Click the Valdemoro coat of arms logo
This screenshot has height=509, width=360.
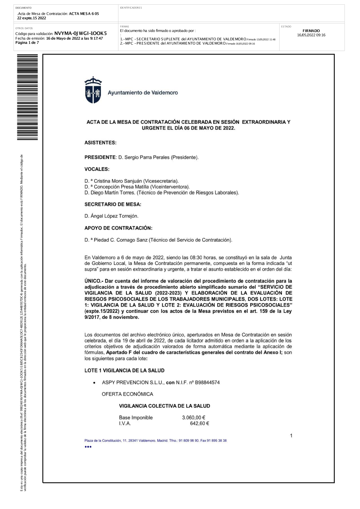pyautogui.click(x=93, y=90)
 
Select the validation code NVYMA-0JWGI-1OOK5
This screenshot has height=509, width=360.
pyautogui.click(x=80, y=33)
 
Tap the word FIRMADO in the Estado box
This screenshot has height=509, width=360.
pyautogui.click(x=311, y=31)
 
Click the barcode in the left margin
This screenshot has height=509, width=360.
pyautogui.click(x=27, y=97)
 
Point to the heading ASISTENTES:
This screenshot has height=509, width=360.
pyautogui.click(x=100, y=143)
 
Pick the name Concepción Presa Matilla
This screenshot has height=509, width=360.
pyautogui.click(x=121, y=187)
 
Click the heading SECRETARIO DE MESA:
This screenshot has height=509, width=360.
pyautogui.click(x=113, y=204)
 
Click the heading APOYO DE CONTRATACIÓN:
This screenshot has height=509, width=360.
pyautogui.click(x=118, y=228)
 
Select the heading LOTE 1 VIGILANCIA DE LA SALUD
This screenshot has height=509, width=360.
pyautogui.click(x=124, y=370)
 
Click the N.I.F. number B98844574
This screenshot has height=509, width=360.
pyautogui.click(x=207, y=382)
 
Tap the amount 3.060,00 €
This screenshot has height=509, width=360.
pyautogui.click(x=194, y=418)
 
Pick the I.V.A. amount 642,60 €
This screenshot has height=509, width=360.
pyautogui.click(x=199, y=423)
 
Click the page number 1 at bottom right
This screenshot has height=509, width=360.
pyautogui.click(x=291, y=436)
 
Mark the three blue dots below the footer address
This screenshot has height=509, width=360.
pyautogui.click(x=88, y=447)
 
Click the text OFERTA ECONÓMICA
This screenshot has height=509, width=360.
pyautogui.click(x=127, y=394)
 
